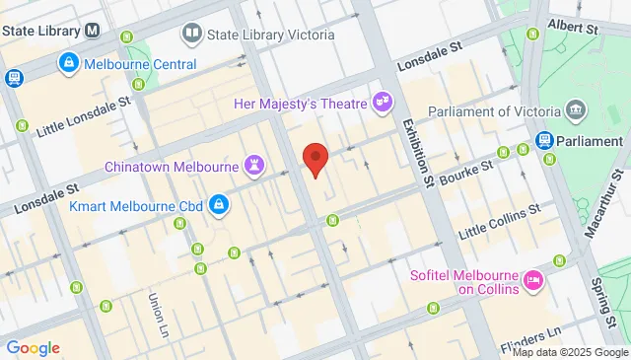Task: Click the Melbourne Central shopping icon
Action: pos(68,64)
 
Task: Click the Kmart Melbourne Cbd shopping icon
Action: pos(218,206)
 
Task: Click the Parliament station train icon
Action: pos(543,141)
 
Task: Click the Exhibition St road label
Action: pos(417,153)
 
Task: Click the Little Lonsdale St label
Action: pos(83,115)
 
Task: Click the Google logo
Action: pos(33,347)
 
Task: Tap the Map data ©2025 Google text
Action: pos(569,352)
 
